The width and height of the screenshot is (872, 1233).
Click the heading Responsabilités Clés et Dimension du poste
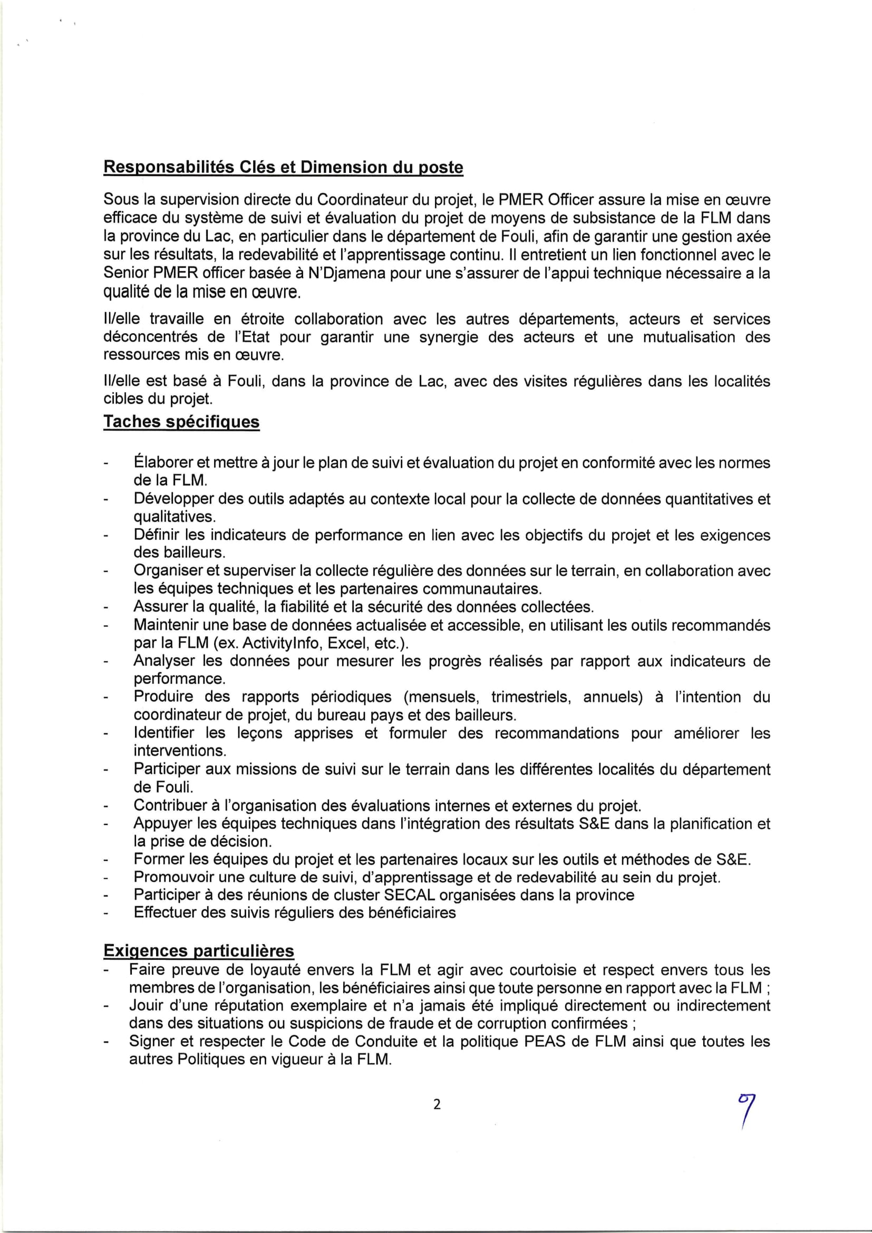[283, 168]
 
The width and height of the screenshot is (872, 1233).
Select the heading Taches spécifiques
[181, 422]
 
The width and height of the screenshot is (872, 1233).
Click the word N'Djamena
[347, 274]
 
